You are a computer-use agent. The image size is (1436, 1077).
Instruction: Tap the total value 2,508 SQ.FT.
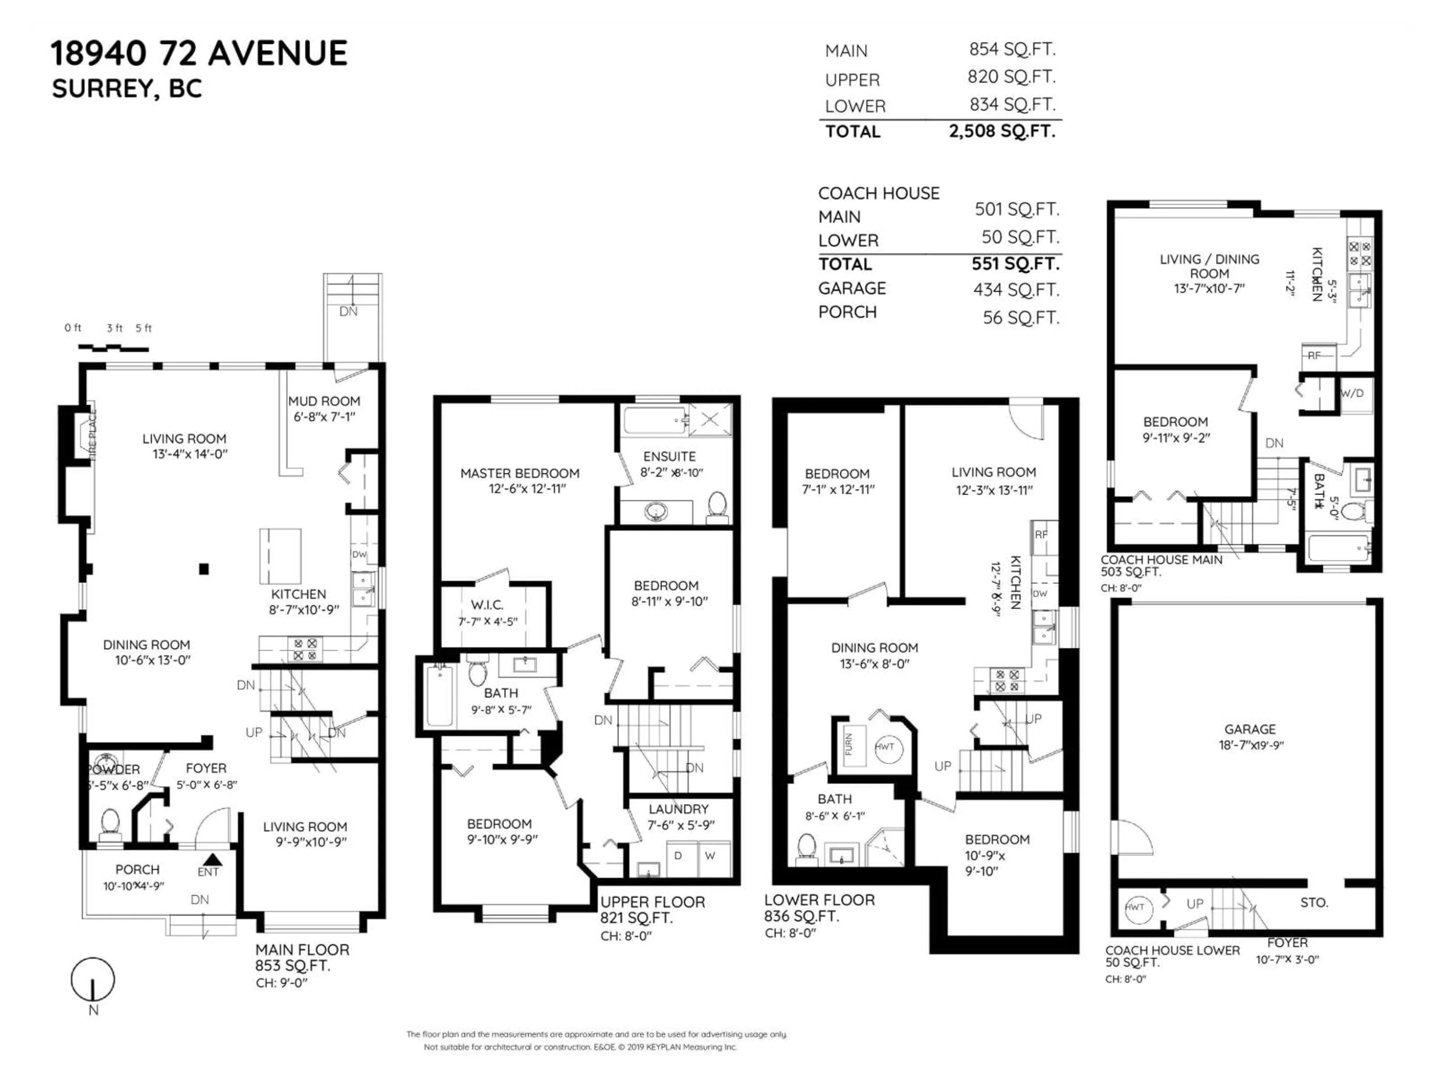(1002, 131)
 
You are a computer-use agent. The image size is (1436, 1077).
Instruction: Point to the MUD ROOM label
(324, 401)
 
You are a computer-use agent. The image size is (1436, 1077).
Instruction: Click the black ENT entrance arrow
(212, 859)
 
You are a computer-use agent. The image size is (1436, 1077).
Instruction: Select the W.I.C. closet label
(487, 605)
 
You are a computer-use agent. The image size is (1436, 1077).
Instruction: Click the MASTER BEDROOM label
(519, 473)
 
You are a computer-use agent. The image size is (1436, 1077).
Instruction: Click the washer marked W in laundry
(710, 856)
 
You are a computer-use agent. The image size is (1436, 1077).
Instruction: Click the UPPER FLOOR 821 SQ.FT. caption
(652, 909)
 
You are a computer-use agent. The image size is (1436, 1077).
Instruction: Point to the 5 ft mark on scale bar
(144, 328)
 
